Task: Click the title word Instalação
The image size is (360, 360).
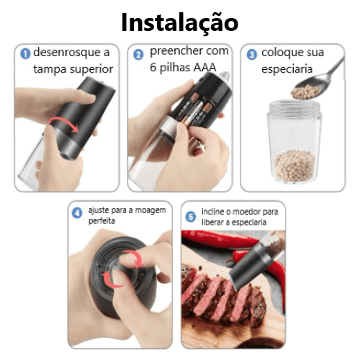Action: click(180, 23)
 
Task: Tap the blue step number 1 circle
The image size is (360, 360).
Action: click(25, 53)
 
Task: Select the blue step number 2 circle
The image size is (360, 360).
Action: click(138, 55)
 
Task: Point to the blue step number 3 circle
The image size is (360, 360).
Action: click(252, 55)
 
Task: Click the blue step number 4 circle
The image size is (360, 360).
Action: click(77, 213)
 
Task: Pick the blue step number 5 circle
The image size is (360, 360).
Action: click(191, 217)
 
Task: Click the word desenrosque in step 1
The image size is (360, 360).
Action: click(67, 53)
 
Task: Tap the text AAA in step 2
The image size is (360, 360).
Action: click(204, 68)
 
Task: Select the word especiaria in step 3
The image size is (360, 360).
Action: click(287, 70)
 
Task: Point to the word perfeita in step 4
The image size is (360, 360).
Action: click(102, 221)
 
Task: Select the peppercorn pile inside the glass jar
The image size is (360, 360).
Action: click(294, 165)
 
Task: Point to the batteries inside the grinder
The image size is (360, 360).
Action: click(197, 109)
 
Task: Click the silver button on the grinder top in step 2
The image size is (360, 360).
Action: click(225, 76)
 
